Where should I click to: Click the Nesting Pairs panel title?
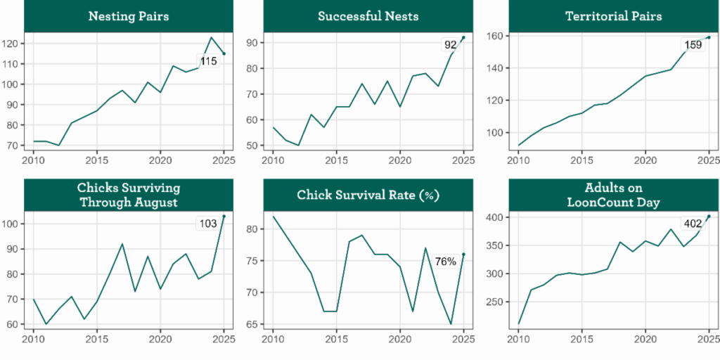point(128,16)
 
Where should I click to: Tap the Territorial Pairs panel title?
point(613,16)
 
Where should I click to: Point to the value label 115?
point(208,61)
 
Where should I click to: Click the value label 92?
point(450,45)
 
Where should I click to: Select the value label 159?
point(693,46)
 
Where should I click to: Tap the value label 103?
point(207,224)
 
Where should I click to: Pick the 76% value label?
point(445,262)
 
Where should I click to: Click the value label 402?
point(693,224)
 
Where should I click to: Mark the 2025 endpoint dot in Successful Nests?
point(463,37)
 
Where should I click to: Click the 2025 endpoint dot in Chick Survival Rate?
point(463,254)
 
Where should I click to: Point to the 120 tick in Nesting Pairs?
point(13,43)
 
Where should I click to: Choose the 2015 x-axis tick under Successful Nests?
point(336,160)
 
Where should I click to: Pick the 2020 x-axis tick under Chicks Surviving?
point(160,338)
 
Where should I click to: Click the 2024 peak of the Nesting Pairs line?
point(211,37)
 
